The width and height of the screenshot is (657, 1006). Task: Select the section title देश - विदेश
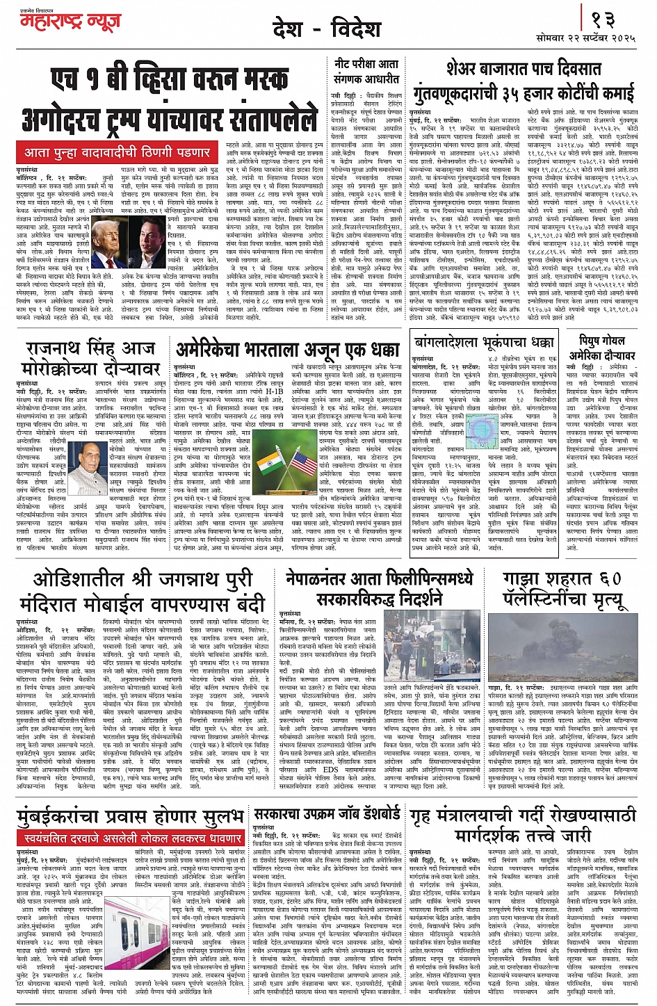click(327, 29)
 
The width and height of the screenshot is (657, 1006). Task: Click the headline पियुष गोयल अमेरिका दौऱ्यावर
click(598, 348)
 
